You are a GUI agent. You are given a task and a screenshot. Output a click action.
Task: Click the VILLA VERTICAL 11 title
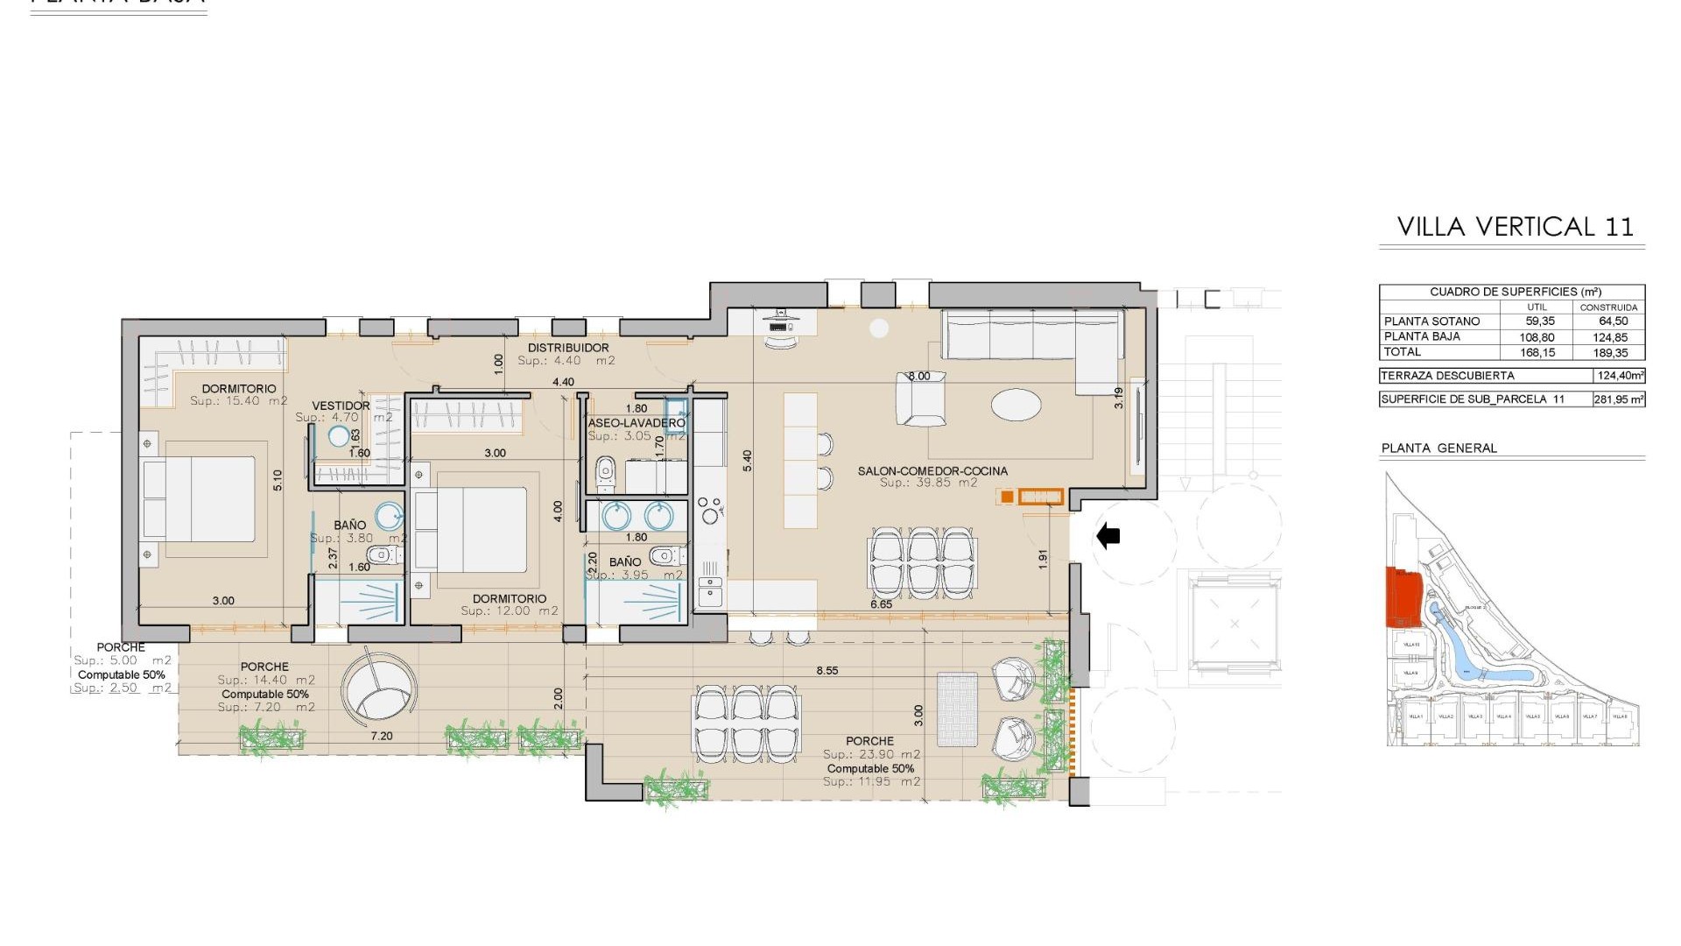coord(1515,227)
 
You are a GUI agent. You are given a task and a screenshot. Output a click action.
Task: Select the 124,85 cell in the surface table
coord(1608,337)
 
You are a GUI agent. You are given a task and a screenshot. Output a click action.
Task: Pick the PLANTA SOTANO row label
coord(1431,321)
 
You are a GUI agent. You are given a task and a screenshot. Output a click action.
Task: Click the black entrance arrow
coord(1108,535)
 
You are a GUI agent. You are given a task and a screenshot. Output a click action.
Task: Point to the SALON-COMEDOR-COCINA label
coord(932,471)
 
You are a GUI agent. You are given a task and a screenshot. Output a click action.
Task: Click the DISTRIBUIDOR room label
coord(567,348)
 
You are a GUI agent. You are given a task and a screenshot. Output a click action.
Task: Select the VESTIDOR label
coord(341,406)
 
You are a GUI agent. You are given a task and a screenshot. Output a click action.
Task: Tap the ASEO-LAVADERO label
coord(637,423)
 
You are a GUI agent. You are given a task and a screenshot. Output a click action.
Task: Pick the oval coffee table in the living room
coord(1016,405)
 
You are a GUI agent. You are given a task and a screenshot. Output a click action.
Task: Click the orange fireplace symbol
coord(1041,497)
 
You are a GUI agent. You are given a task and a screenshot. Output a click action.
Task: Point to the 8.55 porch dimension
coord(826,671)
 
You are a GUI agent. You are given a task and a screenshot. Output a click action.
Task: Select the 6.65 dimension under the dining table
coord(881,604)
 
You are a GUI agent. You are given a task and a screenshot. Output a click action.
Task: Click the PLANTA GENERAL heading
coord(1438,448)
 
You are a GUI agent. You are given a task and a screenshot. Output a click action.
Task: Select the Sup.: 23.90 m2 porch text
coord(870,754)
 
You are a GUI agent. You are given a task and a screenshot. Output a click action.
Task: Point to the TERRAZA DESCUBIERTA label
coord(1446,376)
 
